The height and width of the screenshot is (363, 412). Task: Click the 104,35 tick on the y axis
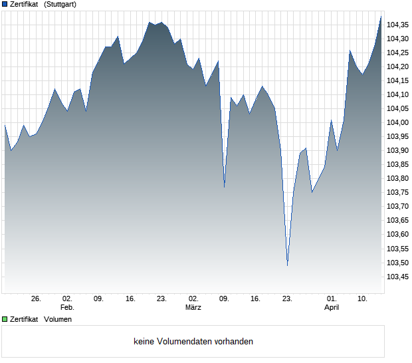click(397, 25)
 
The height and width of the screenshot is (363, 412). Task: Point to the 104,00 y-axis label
click(397, 122)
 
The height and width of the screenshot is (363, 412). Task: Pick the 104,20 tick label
click(397, 66)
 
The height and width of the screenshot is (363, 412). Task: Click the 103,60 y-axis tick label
click(397, 234)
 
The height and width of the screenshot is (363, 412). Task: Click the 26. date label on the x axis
click(36, 299)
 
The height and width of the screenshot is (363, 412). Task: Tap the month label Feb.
click(67, 308)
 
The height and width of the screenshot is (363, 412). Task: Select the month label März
click(193, 308)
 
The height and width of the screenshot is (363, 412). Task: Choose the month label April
click(332, 308)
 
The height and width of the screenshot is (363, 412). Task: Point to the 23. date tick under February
click(161, 299)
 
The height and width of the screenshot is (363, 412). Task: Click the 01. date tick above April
click(332, 299)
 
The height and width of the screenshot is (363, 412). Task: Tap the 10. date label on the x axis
click(363, 299)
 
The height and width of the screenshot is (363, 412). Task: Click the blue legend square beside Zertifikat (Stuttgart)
click(5, 5)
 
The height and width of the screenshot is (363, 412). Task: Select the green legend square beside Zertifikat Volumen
click(5, 320)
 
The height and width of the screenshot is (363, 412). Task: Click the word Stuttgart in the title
click(60, 5)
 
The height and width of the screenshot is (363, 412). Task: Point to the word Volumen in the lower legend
click(58, 320)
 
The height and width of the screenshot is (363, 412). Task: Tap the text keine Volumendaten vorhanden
click(193, 342)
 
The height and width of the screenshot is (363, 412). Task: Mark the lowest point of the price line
click(287, 265)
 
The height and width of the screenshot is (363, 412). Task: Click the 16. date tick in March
click(255, 299)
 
